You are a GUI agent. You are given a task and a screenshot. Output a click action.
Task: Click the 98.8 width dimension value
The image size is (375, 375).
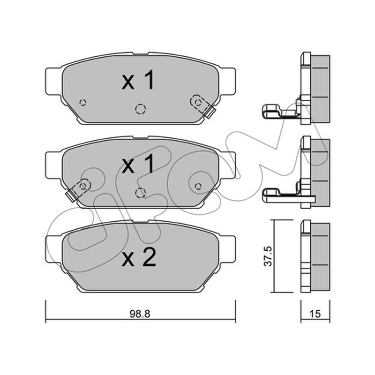coord(140,314)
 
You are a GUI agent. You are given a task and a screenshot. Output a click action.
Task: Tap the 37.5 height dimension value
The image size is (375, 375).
coord(268,256)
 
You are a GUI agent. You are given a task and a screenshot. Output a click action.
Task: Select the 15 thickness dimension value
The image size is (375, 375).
coord(315,314)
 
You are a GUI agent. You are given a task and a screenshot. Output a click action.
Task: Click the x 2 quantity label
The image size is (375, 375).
coord(139,257)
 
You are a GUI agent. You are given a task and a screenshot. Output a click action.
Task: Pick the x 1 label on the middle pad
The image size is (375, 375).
coord(138,163)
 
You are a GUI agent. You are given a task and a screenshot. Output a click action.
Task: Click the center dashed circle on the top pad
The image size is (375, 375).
coord(140,109)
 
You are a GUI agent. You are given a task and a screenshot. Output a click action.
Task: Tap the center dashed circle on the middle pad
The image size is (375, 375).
coord(140,193)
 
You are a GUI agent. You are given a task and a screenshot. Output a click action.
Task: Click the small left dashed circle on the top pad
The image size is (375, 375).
coord(83,103)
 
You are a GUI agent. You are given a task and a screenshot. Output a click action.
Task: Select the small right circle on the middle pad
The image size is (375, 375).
coord(198,186)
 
